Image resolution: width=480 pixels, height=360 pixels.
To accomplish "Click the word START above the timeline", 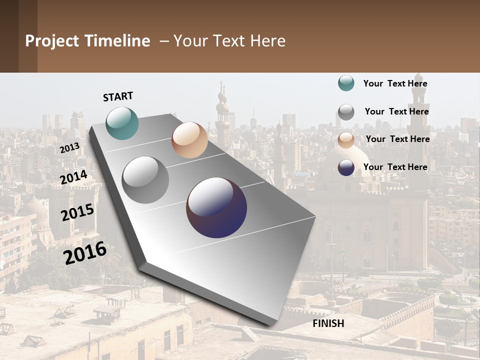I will click(x=118, y=96).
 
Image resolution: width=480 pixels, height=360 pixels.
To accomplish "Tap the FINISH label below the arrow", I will click(x=328, y=323).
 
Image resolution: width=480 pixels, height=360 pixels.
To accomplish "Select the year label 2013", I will click(x=70, y=148).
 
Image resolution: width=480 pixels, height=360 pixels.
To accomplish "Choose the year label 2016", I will click(x=85, y=253).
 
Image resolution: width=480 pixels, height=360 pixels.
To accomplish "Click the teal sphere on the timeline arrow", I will click(x=122, y=123).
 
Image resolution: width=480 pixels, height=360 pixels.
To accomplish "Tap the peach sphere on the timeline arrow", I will click(x=189, y=140).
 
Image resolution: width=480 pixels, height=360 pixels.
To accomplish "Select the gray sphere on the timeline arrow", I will click(x=145, y=180).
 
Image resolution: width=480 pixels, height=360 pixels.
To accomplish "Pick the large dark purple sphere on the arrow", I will click(x=216, y=207).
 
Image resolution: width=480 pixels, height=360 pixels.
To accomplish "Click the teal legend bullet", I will click(x=346, y=83).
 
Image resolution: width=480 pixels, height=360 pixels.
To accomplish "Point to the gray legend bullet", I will click(x=346, y=112).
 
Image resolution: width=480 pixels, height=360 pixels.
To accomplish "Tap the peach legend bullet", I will click(x=346, y=140).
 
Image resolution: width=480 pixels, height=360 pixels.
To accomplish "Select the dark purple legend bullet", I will click(x=346, y=167).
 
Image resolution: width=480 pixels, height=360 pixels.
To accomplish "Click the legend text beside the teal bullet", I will click(x=395, y=83).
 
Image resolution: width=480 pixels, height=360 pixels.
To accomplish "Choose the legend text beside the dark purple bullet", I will click(x=395, y=167).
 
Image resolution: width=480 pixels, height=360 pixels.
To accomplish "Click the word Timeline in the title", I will click(x=118, y=41).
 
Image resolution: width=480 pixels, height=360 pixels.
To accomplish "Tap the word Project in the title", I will click(x=52, y=41).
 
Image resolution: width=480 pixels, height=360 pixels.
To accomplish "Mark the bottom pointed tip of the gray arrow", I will click(x=270, y=325).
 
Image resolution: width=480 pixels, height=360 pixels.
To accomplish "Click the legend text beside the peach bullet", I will click(x=397, y=139).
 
